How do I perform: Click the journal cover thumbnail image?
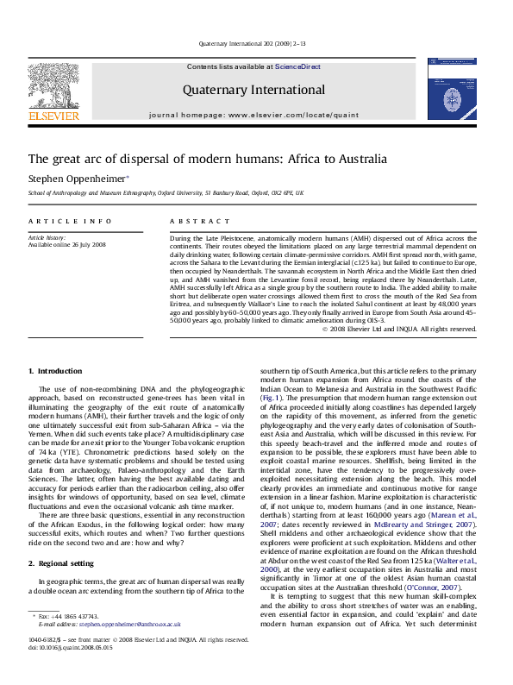click(450, 88)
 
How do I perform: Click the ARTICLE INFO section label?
click(62, 222)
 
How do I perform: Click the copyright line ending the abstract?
click(397, 329)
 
